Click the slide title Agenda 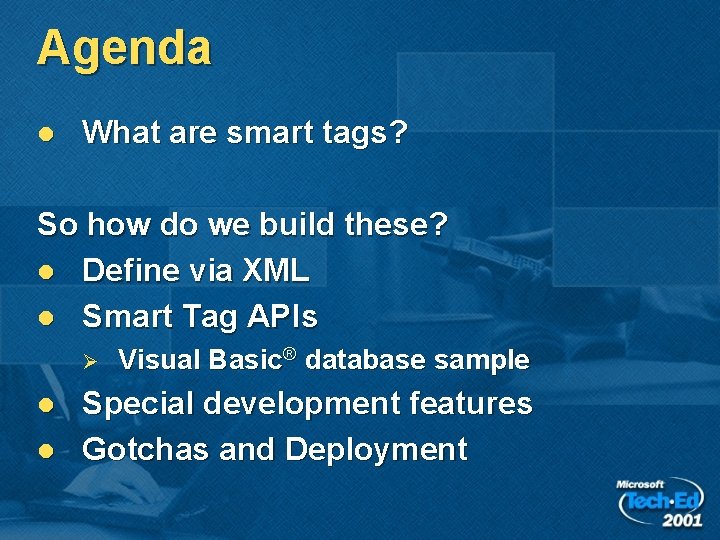pyautogui.click(x=124, y=49)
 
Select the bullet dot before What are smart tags pyautogui.click(x=46, y=134)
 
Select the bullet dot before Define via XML pyautogui.click(x=46, y=271)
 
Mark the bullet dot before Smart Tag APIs pyautogui.click(x=46, y=317)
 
